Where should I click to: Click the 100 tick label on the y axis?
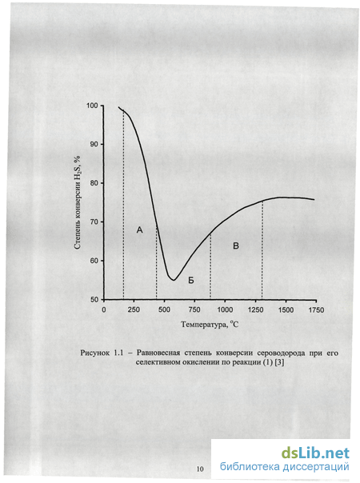click(92, 106)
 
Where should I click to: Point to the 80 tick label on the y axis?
click(94, 183)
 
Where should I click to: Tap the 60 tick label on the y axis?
click(94, 261)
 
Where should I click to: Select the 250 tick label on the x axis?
click(134, 310)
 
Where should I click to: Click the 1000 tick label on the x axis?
click(226, 310)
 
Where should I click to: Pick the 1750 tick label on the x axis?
click(316, 310)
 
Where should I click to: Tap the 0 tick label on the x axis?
click(104, 310)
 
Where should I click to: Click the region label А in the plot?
click(140, 230)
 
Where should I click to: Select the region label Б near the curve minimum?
click(191, 281)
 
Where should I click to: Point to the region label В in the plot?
click(236, 245)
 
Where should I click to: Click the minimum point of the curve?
click(174, 280)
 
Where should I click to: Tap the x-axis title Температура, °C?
click(210, 325)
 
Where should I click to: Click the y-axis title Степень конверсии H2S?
click(78, 202)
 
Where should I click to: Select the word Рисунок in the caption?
click(95, 353)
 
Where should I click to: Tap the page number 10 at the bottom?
click(200, 469)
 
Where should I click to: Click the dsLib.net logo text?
click(315, 453)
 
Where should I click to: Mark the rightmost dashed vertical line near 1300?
click(262, 250)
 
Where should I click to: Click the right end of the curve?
click(314, 200)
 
